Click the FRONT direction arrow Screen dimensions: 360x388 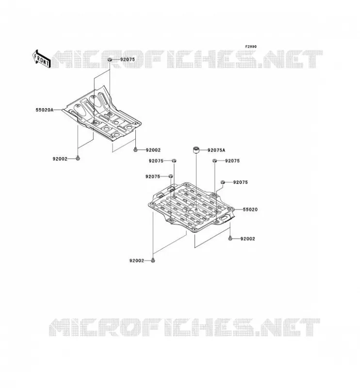41,59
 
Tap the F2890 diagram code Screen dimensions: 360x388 251,47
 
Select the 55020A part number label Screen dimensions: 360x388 45,110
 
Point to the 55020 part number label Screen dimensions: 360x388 250,210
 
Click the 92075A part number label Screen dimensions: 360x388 216,150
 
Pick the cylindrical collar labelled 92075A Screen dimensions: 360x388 196,150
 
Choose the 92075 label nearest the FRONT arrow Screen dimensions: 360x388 128,59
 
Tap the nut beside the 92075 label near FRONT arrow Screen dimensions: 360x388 110,60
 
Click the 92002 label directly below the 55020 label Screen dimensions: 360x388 247,239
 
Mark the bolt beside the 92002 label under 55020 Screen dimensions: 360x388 230,239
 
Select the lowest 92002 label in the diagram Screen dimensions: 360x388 136,260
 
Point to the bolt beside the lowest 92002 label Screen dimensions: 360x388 153,260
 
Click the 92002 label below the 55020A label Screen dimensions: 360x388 60,159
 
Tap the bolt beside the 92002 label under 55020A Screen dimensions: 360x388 78,159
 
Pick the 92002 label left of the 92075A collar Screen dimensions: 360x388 153,150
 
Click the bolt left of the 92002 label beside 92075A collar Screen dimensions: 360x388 135,150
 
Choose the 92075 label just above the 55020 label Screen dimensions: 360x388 241,182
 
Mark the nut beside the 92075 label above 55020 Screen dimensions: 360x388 223,182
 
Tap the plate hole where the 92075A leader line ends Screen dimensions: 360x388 196,210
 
